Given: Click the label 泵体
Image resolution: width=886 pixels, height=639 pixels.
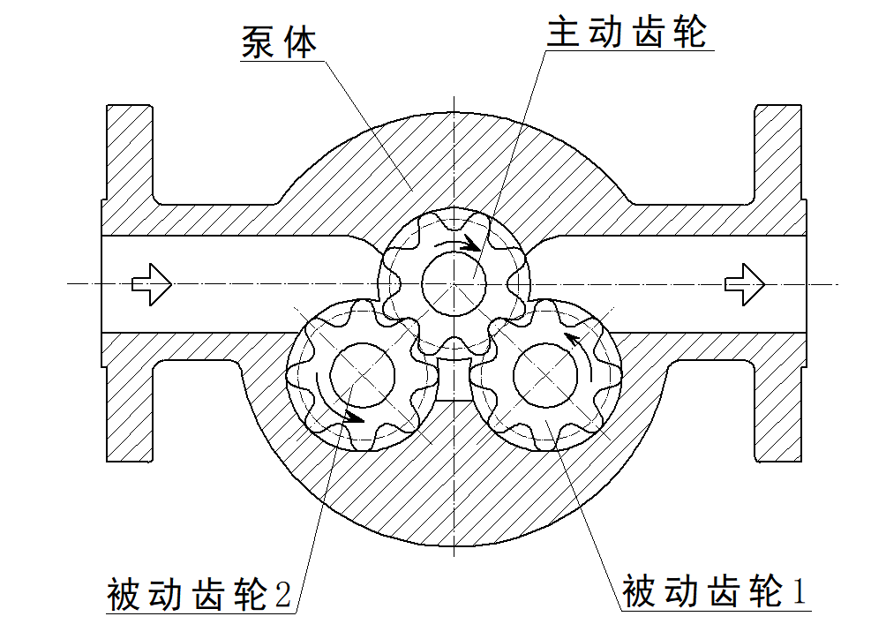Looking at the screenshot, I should coord(279,41).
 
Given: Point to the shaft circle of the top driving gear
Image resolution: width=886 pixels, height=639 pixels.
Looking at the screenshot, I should coord(454,282).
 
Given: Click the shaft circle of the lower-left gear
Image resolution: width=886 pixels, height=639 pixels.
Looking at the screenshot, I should coord(363,374).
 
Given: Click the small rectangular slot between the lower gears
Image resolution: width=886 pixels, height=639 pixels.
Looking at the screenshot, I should coord(454,379).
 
